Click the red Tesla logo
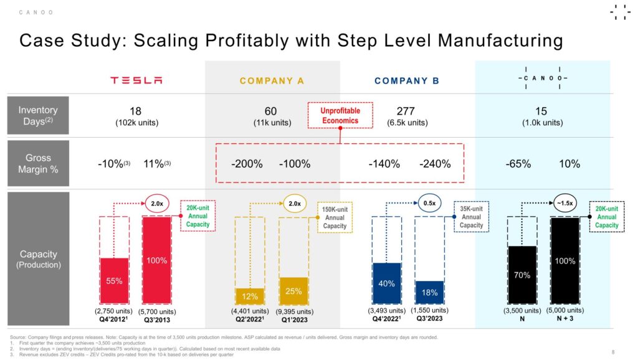coord(136,80)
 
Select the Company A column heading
coord(272,81)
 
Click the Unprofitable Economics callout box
coord(340,115)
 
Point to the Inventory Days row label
coord(38,116)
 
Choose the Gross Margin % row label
coord(38,163)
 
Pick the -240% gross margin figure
coord(435,164)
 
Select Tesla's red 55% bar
coord(114,280)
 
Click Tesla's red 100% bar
coord(156,260)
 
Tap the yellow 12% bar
coord(250,296)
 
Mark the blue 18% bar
coord(429,292)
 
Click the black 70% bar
coord(522,275)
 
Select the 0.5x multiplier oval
coord(429,203)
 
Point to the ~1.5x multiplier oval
coord(565,202)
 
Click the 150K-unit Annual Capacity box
coord(335,217)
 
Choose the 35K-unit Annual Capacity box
coord(471,217)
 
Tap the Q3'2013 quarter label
coord(156,319)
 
